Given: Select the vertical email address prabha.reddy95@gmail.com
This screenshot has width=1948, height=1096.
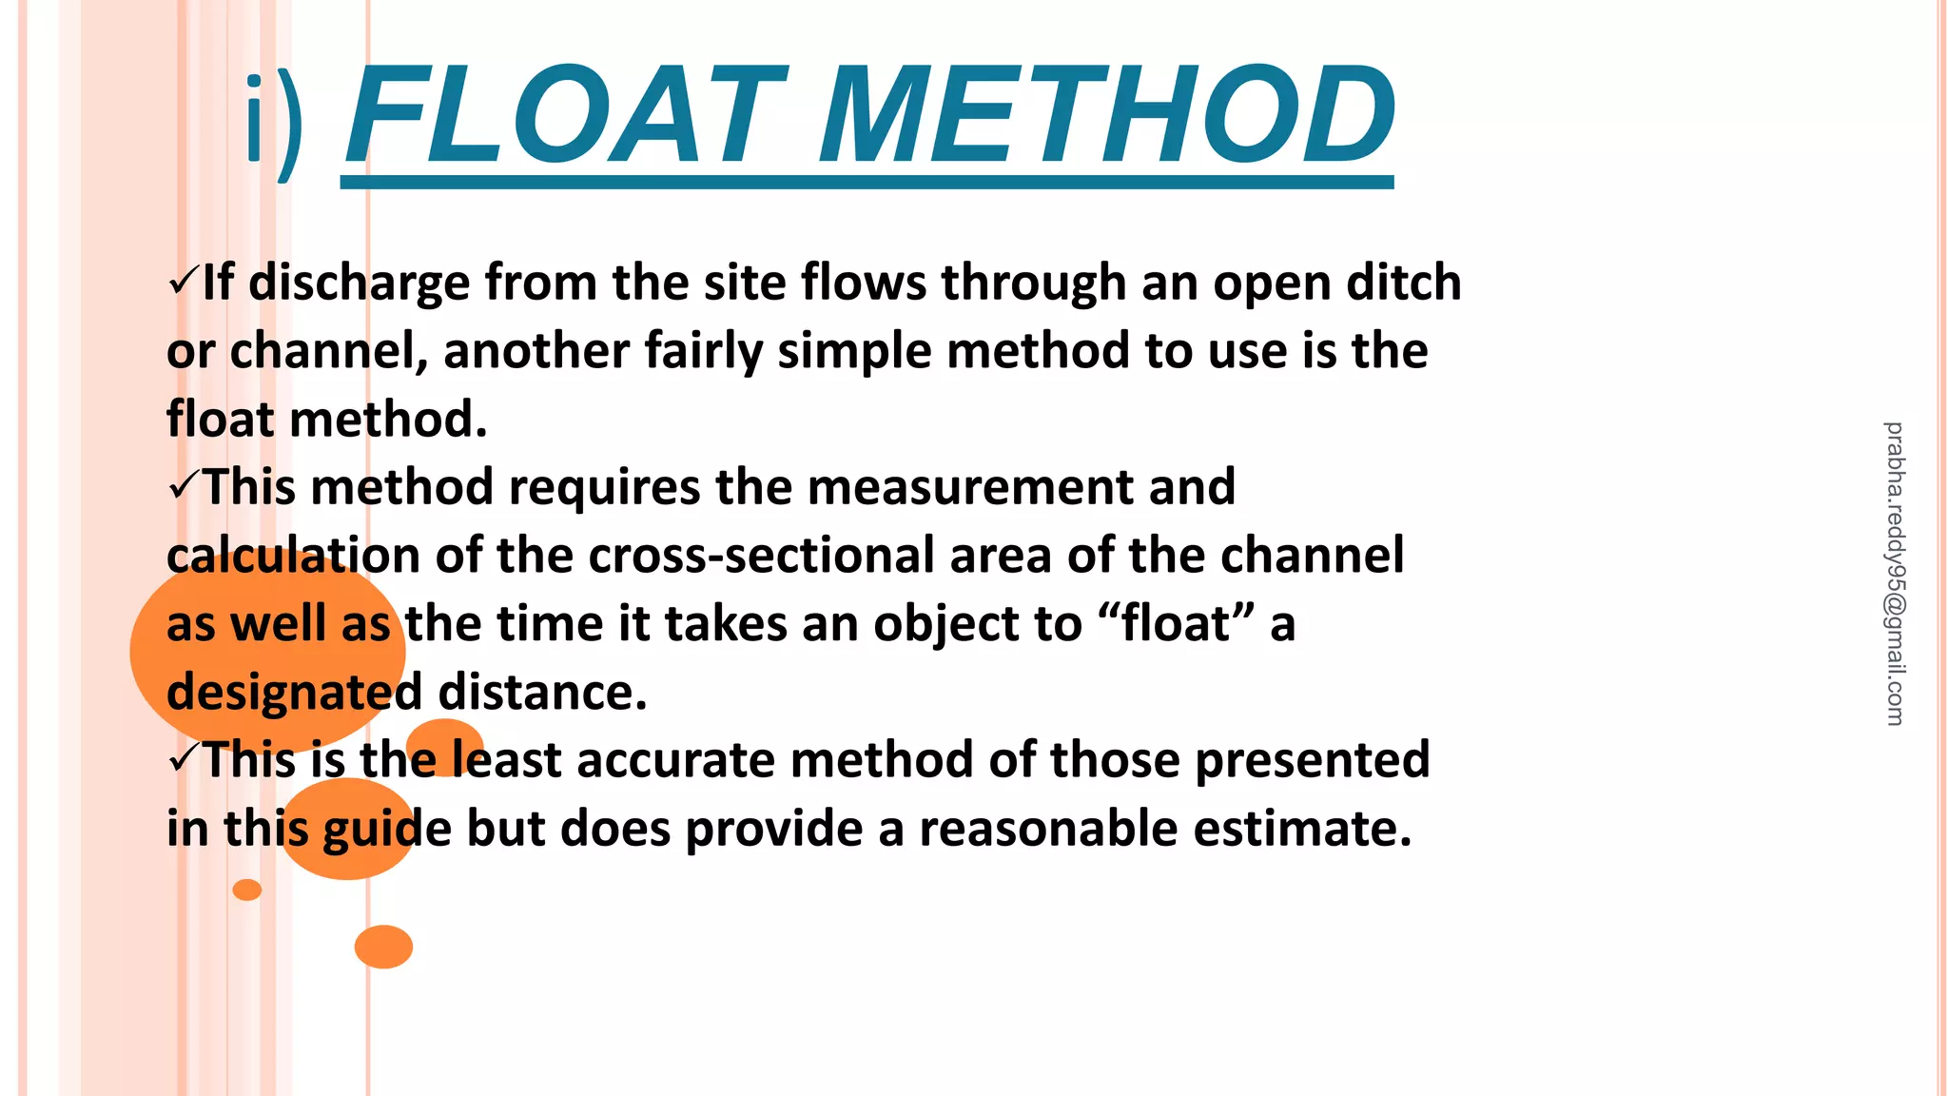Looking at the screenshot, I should click(1894, 574).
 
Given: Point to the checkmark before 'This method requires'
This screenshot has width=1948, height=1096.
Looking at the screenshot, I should click(182, 486).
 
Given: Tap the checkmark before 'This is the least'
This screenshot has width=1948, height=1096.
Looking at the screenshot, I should click(182, 758).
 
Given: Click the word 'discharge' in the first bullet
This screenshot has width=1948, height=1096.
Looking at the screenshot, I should click(359, 284).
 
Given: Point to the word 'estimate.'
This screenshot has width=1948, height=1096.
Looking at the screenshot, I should click(1302, 829).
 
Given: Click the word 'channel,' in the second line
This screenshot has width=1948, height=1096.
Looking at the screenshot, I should click(329, 350).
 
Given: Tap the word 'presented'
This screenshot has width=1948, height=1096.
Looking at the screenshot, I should click(1312, 760).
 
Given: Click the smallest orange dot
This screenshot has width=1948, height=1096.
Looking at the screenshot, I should click(247, 890).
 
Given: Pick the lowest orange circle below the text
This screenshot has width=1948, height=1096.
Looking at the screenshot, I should click(383, 947).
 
